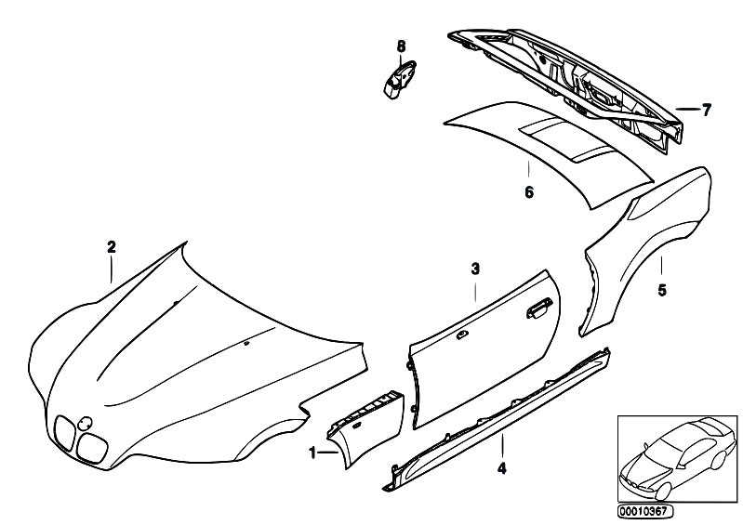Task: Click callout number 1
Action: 312,453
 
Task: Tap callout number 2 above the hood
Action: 112,246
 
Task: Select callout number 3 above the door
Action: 475,269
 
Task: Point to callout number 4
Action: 502,468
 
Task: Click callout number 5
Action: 662,290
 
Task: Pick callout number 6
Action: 529,192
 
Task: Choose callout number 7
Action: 707,111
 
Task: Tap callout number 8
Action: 401,46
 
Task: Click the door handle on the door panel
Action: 539,308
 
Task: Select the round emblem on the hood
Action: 85,423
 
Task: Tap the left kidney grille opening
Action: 64,434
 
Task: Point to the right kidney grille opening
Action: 92,447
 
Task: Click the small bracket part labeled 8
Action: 399,79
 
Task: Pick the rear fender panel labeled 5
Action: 649,246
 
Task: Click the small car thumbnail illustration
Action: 678,458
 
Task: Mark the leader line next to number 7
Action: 687,109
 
